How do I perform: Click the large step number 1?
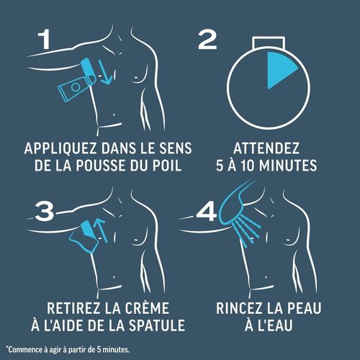[45, 39]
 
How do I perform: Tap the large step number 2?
[207, 40]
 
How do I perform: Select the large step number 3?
[45, 212]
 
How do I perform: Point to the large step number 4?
[207, 212]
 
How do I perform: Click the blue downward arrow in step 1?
[104, 73]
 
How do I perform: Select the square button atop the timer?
[269, 42]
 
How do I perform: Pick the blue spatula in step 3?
[84, 237]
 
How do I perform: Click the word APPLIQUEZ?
[60, 148]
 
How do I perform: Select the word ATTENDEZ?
[266, 148]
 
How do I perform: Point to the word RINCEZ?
[238, 308]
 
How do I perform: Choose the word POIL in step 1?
[167, 166]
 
